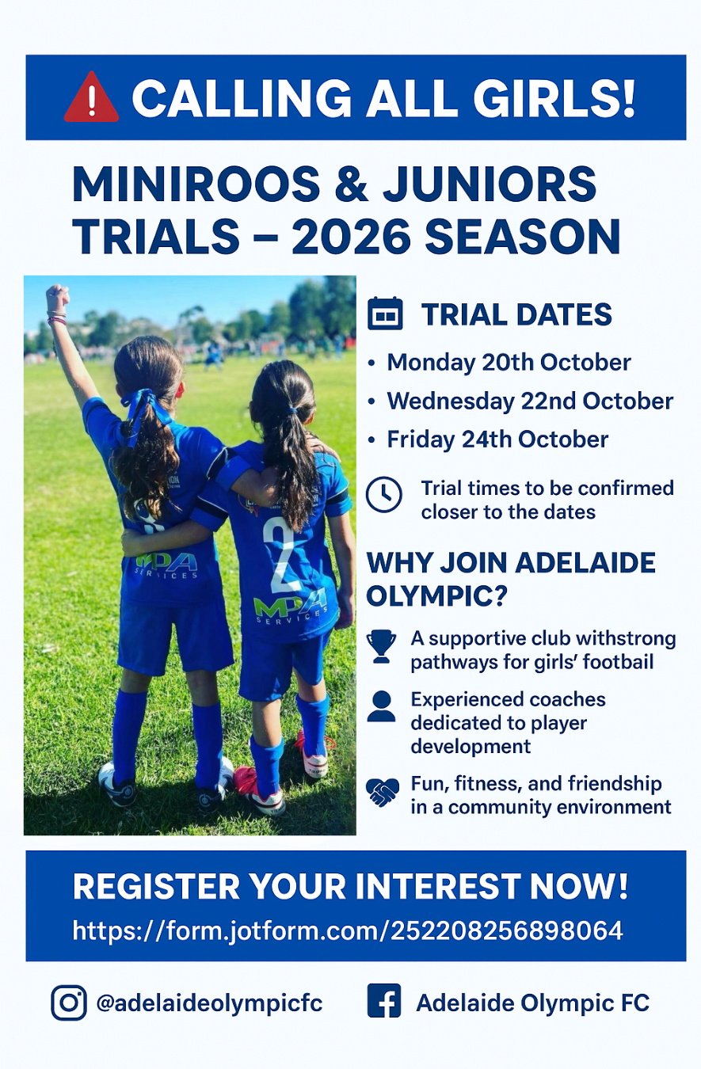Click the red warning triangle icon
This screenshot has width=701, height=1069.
[91, 97]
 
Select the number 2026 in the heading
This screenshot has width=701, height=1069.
[351, 237]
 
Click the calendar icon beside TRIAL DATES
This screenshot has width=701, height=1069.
[385, 314]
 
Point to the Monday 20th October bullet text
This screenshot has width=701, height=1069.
[509, 362]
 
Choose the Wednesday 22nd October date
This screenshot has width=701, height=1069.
[530, 401]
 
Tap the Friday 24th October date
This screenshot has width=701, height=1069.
[497, 439]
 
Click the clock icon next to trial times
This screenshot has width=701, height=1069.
[384, 494]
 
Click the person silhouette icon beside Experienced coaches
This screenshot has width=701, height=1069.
[381, 706]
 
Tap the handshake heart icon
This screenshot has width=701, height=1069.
[382, 792]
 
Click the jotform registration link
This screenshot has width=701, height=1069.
[348, 930]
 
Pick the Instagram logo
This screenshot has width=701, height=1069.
[69, 1002]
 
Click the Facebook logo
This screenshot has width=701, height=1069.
[384, 1001]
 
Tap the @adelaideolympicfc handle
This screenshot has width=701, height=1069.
[209, 1002]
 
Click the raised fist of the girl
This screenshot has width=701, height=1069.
[58, 295]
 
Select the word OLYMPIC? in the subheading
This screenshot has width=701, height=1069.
[436, 595]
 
